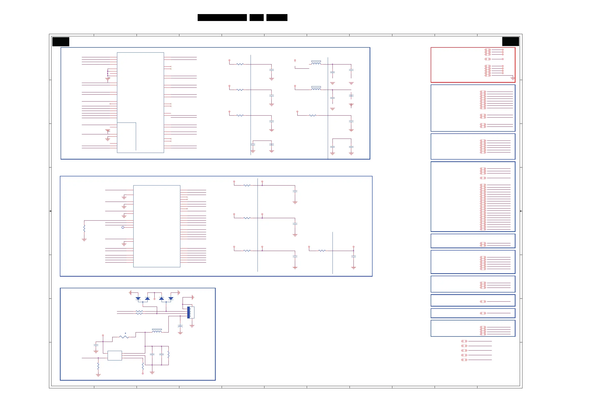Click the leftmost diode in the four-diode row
(138, 298)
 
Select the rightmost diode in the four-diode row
(171, 298)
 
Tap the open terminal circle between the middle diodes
(154, 299)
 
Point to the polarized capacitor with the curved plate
(180, 326)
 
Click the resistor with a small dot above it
(124, 337)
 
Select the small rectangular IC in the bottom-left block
(115, 355)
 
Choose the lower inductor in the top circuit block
(316, 89)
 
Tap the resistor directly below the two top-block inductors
(312, 116)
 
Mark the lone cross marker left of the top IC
(110, 104)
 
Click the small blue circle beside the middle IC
(123, 227)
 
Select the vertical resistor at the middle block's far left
(84, 229)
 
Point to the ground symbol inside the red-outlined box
(513, 78)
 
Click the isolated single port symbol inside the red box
(488, 59)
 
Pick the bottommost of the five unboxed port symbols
(464, 360)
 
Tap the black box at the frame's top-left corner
(61, 42)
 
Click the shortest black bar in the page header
(257, 18)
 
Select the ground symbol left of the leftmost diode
(130, 292)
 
